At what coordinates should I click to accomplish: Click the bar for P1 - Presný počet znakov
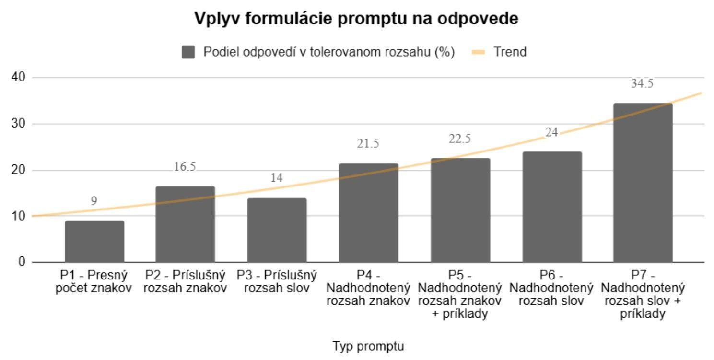point(94,242)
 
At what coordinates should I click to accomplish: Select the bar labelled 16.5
point(186,224)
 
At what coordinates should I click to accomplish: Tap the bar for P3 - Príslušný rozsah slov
point(277,230)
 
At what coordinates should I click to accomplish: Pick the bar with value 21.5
point(368,213)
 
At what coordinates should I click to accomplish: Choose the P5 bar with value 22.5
point(460,210)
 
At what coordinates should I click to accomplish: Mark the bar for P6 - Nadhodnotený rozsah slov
point(551,207)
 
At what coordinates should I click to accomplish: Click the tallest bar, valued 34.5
point(643,183)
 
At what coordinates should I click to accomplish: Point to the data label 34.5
point(643,83)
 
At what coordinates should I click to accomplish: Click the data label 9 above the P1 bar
point(94,201)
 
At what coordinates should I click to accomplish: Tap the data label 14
point(277,178)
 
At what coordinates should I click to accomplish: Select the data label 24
point(551,132)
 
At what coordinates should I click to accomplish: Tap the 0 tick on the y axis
point(22,262)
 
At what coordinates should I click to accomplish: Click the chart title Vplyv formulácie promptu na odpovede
point(356,19)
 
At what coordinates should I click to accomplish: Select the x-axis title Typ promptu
point(368,346)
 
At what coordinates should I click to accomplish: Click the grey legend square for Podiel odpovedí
point(188,52)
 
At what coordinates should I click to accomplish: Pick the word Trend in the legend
point(510,52)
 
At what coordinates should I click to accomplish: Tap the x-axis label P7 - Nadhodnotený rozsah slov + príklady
point(643,295)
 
